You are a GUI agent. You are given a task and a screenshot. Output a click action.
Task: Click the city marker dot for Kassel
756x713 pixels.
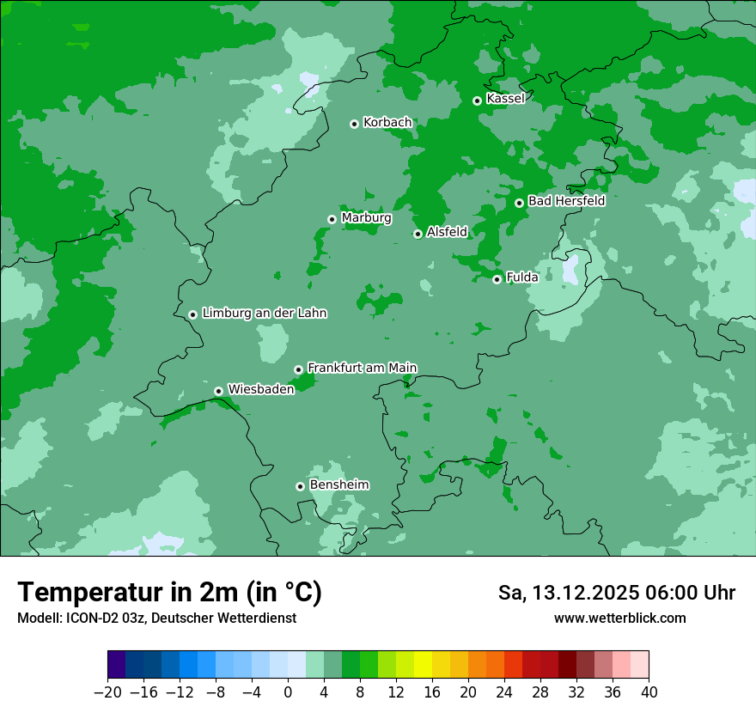tap(477, 101)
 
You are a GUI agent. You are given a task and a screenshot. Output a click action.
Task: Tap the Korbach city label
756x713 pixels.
tap(387, 123)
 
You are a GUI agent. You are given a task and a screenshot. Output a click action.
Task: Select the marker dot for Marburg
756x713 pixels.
tap(332, 219)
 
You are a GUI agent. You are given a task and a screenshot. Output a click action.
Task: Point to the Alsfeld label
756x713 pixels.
tap(447, 232)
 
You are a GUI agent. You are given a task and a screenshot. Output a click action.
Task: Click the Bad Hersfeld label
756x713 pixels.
tap(566, 201)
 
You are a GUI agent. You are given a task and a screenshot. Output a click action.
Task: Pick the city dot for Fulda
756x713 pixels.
tap(497, 279)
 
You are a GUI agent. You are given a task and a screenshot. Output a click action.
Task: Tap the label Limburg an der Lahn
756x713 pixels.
tap(264, 314)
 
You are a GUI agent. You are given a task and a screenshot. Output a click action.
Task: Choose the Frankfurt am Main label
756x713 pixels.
tap(362, 368)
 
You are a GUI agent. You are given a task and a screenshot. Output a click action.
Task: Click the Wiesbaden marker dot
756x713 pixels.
tap(218, 391)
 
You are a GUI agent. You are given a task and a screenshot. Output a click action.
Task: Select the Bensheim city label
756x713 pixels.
tap(338, 484)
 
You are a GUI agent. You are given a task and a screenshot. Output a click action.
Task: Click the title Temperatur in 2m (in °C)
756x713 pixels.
tap(169, 593)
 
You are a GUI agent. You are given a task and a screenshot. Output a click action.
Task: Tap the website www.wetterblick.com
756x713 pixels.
tap(619, 619)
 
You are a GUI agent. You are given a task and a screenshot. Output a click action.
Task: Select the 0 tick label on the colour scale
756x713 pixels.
tap(288, 692)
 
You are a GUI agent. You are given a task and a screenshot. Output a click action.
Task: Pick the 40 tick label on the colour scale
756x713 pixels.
tap(649, 692)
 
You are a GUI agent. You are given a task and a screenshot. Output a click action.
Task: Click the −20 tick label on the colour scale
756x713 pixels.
tap(107, 692)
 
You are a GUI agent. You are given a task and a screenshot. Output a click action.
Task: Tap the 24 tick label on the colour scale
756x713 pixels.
tap(504, 692)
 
